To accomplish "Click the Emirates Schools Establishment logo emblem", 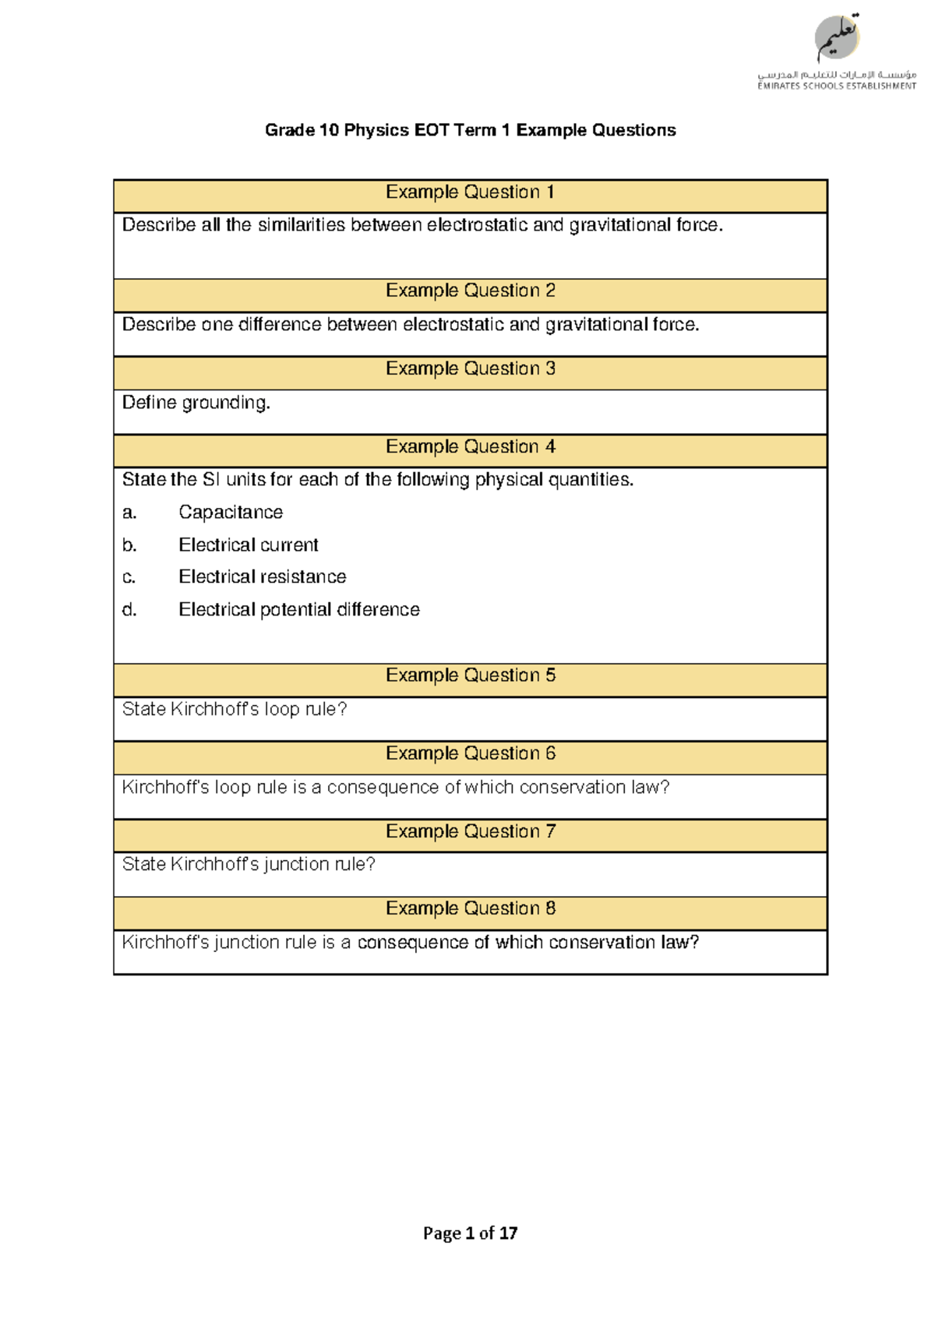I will point(837,38).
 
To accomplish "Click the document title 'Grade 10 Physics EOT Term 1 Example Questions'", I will point(470,130).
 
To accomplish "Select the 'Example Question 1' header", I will point(470,192).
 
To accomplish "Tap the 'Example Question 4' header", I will point(470,447).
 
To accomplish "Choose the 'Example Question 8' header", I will point(470,908).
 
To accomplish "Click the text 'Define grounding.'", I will point(196,403).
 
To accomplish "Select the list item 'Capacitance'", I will point(231,513).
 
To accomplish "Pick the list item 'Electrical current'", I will point(249,545).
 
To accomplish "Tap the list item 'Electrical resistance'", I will point(263,577).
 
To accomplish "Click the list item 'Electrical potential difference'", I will point(299,610).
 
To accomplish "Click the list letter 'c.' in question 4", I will point(129,577).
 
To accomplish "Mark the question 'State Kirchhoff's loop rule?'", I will point(235,709).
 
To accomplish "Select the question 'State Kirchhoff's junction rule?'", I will point(249,864).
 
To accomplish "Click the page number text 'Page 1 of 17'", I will point(470,1233).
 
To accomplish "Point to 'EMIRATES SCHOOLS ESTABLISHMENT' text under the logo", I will point(837,86).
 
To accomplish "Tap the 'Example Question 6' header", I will point(470,753).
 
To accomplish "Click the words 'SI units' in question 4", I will point(233,480).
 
